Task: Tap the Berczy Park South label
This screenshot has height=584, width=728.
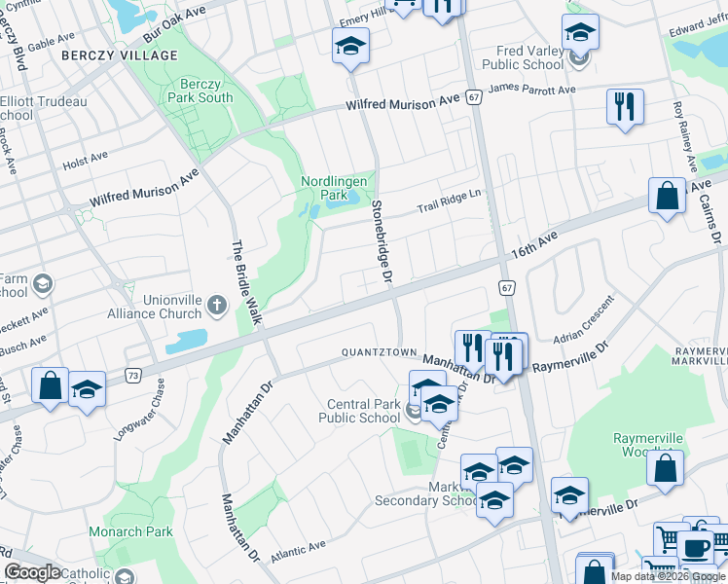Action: [200, 91]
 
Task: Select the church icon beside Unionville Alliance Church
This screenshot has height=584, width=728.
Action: [215, 307]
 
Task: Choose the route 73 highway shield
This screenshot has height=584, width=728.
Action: [133, 375]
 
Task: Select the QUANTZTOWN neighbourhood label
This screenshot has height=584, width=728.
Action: [379, 352]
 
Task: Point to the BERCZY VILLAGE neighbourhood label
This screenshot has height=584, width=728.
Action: [120, 55]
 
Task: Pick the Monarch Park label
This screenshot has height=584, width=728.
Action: [130, 531]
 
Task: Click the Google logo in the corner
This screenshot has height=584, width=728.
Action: [32, 572]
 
